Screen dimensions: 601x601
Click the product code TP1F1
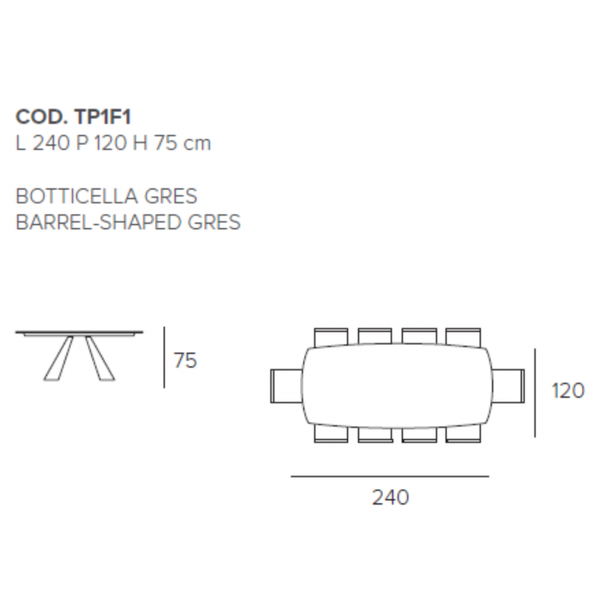click(102, 116)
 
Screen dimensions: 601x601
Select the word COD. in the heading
click(42, 116)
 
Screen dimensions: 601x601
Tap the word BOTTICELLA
click(76, 196)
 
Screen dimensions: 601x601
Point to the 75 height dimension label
click(185, 361)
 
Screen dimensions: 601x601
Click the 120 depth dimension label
click(568, 391)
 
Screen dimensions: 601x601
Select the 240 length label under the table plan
click(390, 498)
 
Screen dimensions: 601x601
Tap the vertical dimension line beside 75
click(165, 357)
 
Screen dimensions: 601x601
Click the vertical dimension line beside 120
click(535, 393)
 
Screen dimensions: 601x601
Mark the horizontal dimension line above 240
click(390, 476)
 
